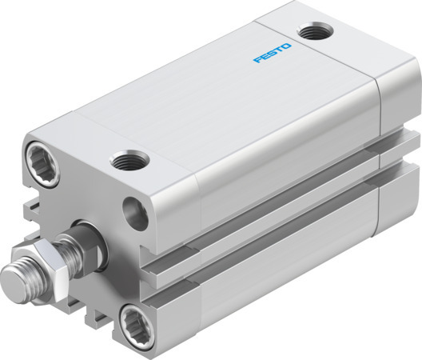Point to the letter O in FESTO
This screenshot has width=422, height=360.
pyautogui.click(x=288, y=48)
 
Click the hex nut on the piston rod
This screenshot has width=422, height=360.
pyautogui.click(x=49, y=261)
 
